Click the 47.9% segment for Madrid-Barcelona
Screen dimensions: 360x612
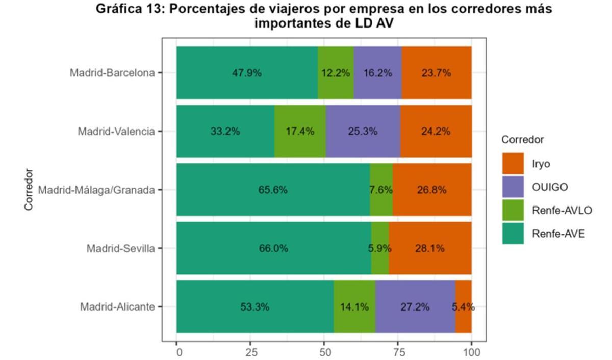[x=247, y=72]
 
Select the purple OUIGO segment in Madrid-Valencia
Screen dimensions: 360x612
[x=363, y=131]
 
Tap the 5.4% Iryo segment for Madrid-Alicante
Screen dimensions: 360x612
[x=464, y=307]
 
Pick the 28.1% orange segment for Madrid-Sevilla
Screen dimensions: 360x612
[x=430, y=248]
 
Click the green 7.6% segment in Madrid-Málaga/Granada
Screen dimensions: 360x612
[x=381, y=190]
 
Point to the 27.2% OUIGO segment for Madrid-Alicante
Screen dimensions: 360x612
[x=415, y=307]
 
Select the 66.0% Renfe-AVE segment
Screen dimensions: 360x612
[x=273, y=248]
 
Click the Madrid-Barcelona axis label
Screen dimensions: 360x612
[x=112, y=73]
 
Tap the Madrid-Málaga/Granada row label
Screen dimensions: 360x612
[x=96, y=190]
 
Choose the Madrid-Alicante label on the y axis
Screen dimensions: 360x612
[x=117, y=307]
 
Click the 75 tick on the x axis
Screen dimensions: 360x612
[x=398, y=352]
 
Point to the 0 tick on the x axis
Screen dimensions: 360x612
[x=177, y=352]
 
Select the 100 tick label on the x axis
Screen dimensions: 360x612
[x=471, y=352]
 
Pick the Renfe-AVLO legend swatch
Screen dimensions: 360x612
[x=513, y=210]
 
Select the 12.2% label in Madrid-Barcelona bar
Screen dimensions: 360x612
[x=336, y=73]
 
